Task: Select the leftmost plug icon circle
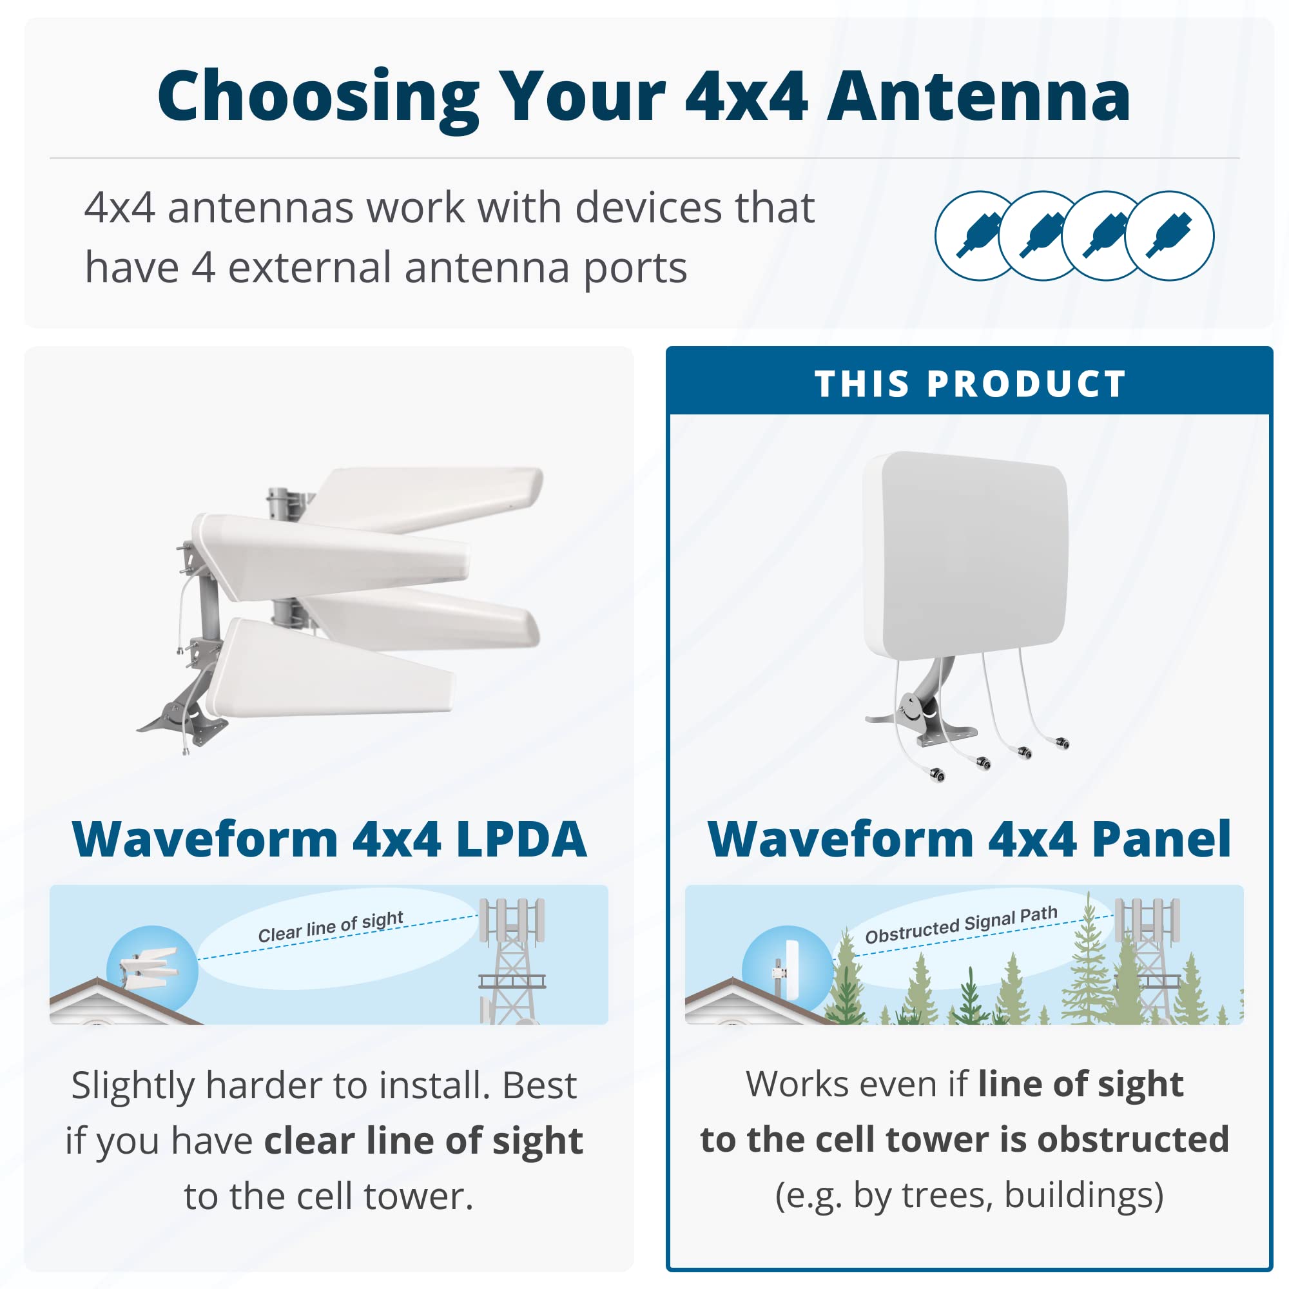tap(978, 235)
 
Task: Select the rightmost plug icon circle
tap(1170, 235)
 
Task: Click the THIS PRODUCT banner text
tap(971, 384)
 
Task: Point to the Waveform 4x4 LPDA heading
tap(329, 839)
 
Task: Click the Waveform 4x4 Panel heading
tap(969, 839)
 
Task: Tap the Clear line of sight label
tap(330, 927)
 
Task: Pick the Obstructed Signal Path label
tap(961, 925)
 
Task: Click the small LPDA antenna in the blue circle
tap(150, 968)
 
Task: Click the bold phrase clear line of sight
tap(423, 1141)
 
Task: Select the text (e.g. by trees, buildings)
tap(969, 1195)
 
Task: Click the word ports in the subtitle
tap(635, 268)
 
